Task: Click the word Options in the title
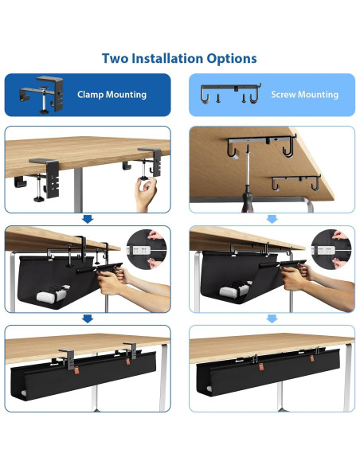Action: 232,59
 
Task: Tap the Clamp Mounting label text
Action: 112,95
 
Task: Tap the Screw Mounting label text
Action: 304,95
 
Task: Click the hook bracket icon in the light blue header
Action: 231,93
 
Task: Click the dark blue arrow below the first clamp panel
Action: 88,219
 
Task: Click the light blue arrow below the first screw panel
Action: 272,219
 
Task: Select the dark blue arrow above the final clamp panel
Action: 88,318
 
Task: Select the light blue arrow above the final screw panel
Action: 272,318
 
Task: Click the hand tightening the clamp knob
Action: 145,194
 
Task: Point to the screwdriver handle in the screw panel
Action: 248,199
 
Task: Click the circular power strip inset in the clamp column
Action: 147,249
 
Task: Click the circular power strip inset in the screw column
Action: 331,249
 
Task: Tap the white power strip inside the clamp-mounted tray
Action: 53,294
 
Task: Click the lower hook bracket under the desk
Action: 296,182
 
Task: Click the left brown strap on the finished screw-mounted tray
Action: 261,367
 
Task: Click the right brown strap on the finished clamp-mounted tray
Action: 128,361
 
